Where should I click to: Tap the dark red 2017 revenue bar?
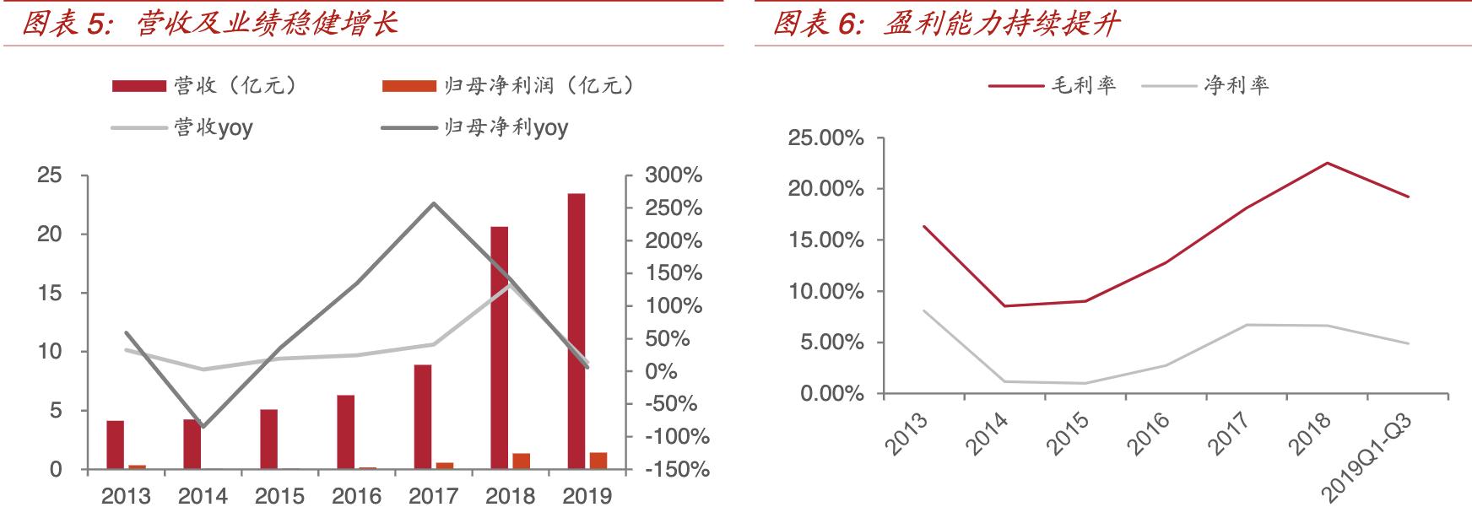click(x=423, y=417)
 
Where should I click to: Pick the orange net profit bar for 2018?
click(x=521, y=461)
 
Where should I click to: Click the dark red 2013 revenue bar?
click(x=115, y=445)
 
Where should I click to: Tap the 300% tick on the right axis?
click(x=674, y=175)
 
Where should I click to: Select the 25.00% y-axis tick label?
click(x=825, y=138)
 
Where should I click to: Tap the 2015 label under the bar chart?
click(x=280, y=496)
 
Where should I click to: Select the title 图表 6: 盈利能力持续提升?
click(x=946, y=23)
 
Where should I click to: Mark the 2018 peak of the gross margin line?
click(x=1327, y=163)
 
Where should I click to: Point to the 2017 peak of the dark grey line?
click(x=434, y=203)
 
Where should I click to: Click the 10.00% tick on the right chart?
click(x=825, y=292)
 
